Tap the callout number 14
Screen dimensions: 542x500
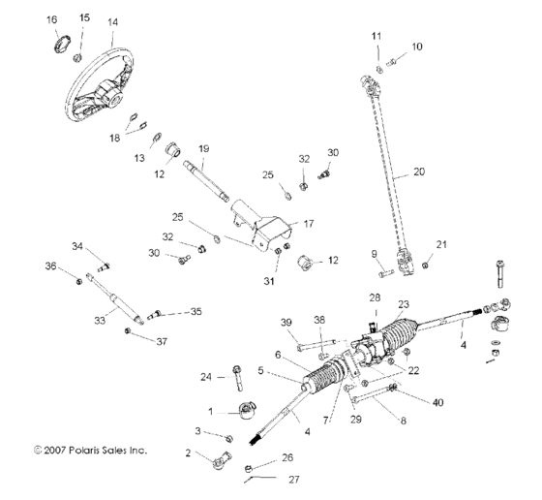(x=112, y=22)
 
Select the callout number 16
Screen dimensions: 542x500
(x=52, y=19)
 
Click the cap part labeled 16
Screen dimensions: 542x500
(x=62, y=44)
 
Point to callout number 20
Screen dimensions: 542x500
(x=419, y=172)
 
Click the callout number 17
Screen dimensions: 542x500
(x=309, y=224)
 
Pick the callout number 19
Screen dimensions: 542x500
(x=204, y=149)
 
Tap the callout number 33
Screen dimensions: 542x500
(x=100, y=321)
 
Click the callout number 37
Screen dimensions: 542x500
(x=162, y=341)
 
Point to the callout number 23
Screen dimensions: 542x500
(x=404, y=304)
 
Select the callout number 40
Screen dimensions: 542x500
(x=437, y=402)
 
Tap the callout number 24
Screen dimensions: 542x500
(x=206, y=377)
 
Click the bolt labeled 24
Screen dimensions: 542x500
(x=238, y=378)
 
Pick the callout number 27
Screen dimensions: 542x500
(x=294, y=480)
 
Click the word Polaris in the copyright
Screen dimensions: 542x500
(x=85, y=451)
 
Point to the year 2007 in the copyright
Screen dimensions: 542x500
(x=54, y=451)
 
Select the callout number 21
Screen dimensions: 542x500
(x=441, y=244)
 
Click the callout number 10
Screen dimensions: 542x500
(x=417, y=47)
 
